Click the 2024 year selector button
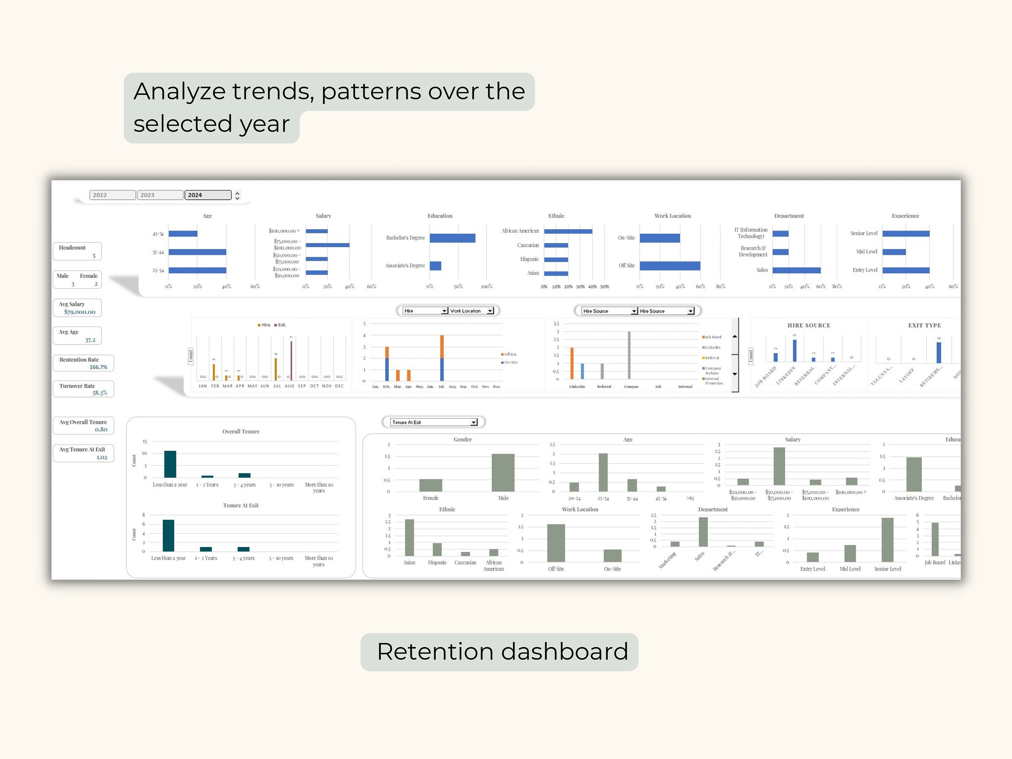(x=208, y=195)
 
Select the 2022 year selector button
(x=113, y=195)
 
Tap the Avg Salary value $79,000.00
(x=80, y=312)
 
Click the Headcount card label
(x=72, y=248)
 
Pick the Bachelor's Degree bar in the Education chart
(x=452, y=238)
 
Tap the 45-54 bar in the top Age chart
(x=183, y=234)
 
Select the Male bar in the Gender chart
(x=503, y=472)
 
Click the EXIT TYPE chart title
(x=924, y=325)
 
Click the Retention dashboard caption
(x=502, y=651)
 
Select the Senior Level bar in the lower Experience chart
(x=887, y=539)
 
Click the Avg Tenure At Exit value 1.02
(x=102, y=457)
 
